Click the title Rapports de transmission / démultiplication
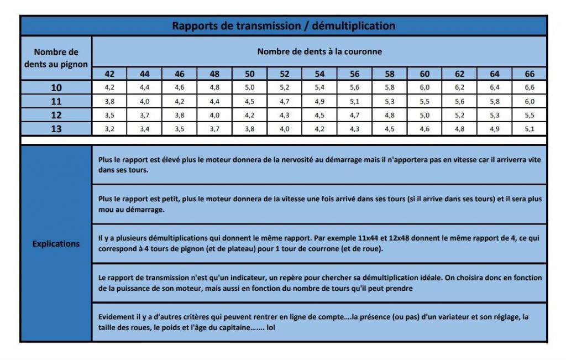tap(283, 26)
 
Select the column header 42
tap(109, 74)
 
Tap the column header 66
tap(529, 74)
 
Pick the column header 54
tap(319, 74)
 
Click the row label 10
tap(56, 87)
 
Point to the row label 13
tap(56, 129)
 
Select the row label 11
tap(56, 101)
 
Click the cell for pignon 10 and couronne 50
tap(249, 87)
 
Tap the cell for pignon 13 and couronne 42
tap(109, 129)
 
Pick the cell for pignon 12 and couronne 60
tap(424, 115)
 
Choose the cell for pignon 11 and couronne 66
tap(529, 101)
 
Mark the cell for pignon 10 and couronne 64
tap(494, 87)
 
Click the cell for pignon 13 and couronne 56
tap(354, 129)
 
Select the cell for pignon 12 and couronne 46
tap(180, 115)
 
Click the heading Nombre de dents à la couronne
tap(319, 52)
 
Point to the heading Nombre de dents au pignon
tap(56, 58)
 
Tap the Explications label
tap(56, 243)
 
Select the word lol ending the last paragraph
tap(271, 327)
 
